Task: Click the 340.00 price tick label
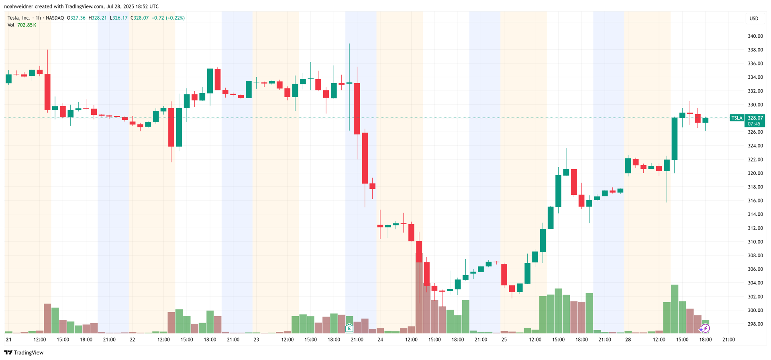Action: pos(755,36)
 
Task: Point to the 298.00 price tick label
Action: pos(755,324)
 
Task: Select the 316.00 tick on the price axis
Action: pos(755,200)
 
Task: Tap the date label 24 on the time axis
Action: pos(380,340)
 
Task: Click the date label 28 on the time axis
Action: pos(628,340)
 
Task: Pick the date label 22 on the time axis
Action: pos(132,340)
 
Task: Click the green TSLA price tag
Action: pos(736,118)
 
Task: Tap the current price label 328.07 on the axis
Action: pos(755,118)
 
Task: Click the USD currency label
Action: pos(754,18)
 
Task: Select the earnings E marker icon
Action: pos(349,328)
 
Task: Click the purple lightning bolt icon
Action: pos(706,328)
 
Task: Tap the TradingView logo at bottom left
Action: pos(24,352)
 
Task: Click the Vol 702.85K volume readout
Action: pos(22,25)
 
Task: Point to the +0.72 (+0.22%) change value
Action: pos(168,18)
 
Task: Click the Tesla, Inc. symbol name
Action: pos(18,18)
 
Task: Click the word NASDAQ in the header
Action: pos(55,18)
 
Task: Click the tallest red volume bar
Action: pos(419,297)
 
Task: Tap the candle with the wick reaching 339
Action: pos(349,83)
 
